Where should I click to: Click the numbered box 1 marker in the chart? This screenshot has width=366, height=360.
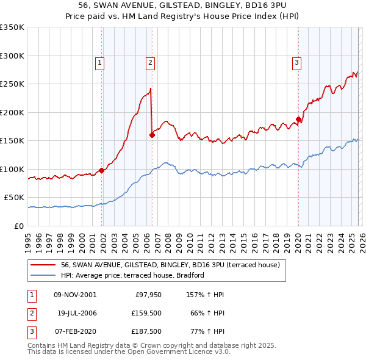[99, 62]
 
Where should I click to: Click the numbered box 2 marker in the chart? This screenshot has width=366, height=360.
[150, 62]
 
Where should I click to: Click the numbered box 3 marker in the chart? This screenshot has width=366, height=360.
[296, 62]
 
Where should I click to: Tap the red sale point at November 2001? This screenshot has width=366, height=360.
[101, 170]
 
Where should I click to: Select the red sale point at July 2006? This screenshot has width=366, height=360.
[152, 135]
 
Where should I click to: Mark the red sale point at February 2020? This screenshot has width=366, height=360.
[298, 120]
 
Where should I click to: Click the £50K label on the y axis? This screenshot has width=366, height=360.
[14, 198]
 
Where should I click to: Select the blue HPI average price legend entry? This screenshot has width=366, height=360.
[132, 275]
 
